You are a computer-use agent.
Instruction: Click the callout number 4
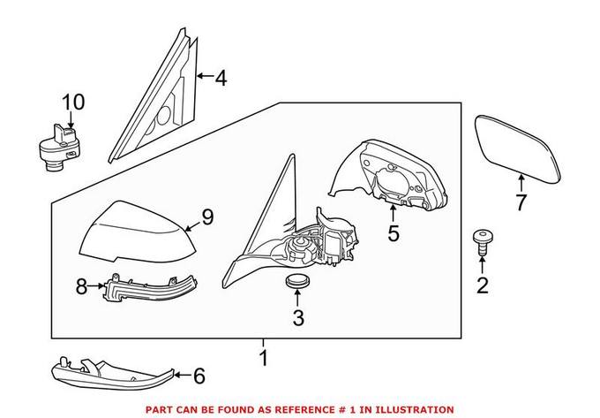coord(221,79)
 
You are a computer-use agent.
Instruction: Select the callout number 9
coord(208,217)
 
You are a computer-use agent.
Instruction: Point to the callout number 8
coord(81,286)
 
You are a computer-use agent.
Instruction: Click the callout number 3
coord(298,318)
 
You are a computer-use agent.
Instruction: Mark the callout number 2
coord(482,285)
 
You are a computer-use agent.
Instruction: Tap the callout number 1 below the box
coord(261,360)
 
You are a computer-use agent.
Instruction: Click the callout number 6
coord(199,376)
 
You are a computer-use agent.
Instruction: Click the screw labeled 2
coord(482,240)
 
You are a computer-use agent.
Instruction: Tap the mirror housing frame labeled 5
coord(397,172)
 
